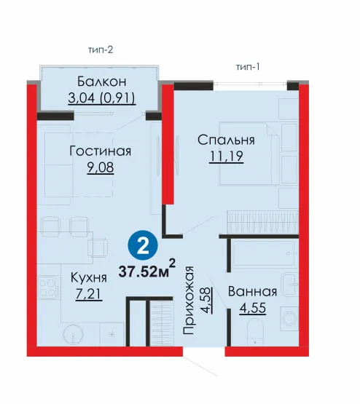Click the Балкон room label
coord(102,82)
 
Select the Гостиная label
coord(101,151)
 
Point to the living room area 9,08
coord(101,167)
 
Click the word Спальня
coord(226,140)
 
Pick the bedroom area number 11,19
coord(226,156)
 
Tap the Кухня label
coord(89,277)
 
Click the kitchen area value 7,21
coord(89,294)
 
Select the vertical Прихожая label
coord(188,301)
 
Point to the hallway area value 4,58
coord(208,300)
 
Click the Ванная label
coord(252,291)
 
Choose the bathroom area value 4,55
coord(252,308)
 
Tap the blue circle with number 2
coord(143,245)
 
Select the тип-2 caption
coord(101,49)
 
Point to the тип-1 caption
coord(248,67)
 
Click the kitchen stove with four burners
coord(47,288)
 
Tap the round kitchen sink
coord(73,334)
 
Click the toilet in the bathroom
coord(255,333)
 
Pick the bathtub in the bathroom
coord(265,254)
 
